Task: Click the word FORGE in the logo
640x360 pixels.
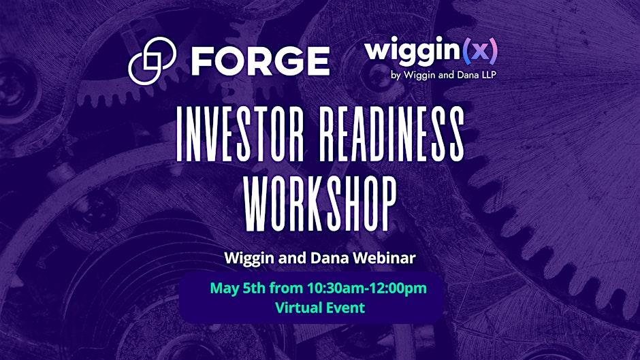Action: (x=260, y=61)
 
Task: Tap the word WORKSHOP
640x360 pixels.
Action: (x=320, y=201)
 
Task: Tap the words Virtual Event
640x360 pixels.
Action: (x=320, y=308)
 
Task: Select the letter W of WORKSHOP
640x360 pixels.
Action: (x=257, y=201)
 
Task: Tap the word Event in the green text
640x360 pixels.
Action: (x=345, y=308)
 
